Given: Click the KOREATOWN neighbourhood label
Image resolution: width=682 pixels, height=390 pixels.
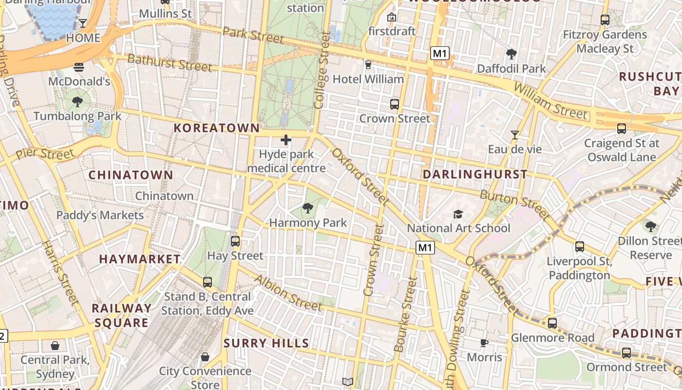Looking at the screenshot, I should tap(217, 128).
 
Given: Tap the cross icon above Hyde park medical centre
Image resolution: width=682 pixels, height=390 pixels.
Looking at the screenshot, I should tap(286, 141).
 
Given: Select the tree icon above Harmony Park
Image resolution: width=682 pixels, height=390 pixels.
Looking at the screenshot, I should tap(307, 209).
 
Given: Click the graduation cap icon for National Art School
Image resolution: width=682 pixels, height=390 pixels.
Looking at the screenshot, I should tap(458, 214).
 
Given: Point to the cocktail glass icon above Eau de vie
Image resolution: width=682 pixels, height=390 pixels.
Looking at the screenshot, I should tap(514, 135).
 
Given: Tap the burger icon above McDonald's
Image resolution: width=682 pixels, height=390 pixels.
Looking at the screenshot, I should tap(79, 67).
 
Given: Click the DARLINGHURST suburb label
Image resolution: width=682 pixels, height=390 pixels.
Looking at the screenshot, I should tap(475, 175).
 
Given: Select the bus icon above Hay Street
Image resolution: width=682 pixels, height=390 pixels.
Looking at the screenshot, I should tap(235, 241).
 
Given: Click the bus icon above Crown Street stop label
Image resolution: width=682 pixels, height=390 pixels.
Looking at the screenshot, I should tap(395, 104).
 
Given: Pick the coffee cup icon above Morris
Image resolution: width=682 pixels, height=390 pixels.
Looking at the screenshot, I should tap(484, 343).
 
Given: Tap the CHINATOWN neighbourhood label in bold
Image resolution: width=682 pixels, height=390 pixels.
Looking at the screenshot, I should tap(131, 175).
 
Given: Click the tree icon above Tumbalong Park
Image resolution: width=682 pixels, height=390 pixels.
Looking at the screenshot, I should tap(77, 102).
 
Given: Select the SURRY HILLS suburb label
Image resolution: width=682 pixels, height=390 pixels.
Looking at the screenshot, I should tap(266, 343).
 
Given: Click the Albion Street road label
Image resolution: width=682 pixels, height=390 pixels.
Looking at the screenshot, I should tap(288, 293).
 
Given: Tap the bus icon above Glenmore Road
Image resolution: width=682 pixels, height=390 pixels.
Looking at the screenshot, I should tap(552, 323).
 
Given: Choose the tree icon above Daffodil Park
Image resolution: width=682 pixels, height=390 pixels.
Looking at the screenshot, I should tap(511, 54).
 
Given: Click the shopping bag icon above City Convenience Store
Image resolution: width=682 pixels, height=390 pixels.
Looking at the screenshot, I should tap(205, 357).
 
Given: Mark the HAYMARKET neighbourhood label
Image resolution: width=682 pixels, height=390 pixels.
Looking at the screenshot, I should tap(140, 259).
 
